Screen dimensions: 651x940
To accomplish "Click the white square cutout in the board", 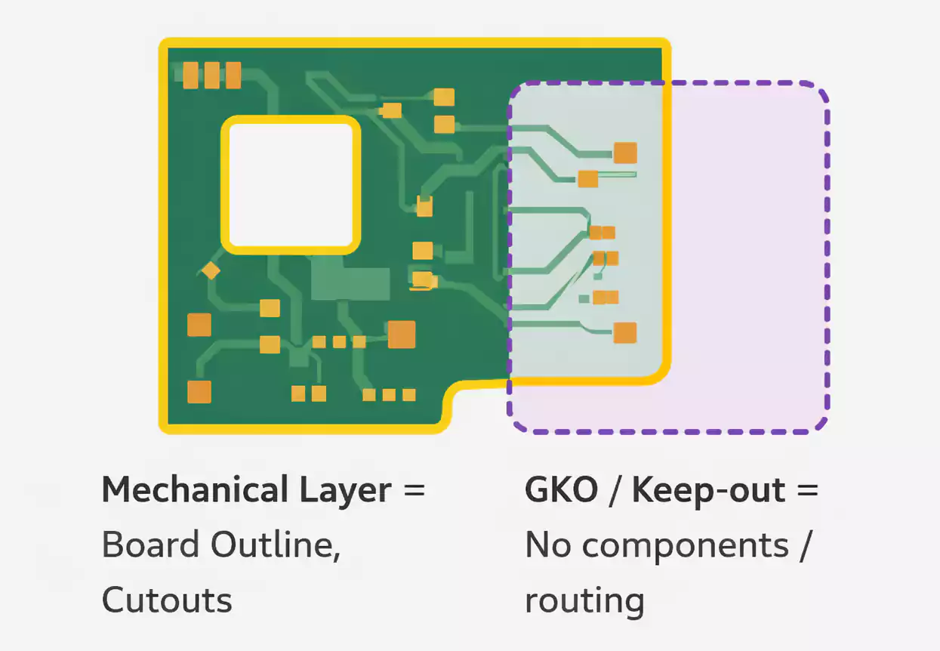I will pos(291,184).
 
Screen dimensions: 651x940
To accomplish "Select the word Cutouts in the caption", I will pos(167,600).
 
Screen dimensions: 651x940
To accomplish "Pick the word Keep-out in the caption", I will pos(709,490).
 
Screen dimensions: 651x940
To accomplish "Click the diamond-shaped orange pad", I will pos(211,270).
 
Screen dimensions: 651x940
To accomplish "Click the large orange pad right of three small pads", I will pos(402,334).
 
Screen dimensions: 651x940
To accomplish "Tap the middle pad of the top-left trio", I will pos(212,75).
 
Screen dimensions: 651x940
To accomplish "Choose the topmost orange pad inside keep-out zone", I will pos(625,153).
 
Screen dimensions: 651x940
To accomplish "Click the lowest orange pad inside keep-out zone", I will pos(625,332).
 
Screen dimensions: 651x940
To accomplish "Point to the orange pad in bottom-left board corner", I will pos(199,392).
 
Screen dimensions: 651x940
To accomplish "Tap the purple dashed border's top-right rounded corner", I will pos(816,94).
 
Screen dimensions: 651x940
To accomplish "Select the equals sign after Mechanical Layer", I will pos(415,490).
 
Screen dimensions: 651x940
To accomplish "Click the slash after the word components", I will pos(805,545).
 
